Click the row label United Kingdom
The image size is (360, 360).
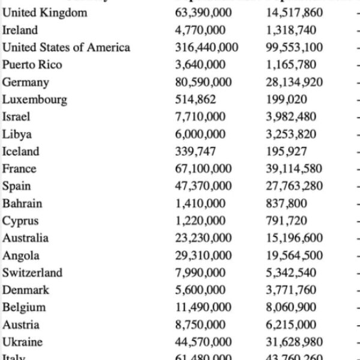[x=44, y=13]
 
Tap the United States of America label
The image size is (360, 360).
[x=66, y=47]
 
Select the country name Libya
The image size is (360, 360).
[x=17, y=134]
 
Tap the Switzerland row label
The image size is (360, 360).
[x=32, y=273]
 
